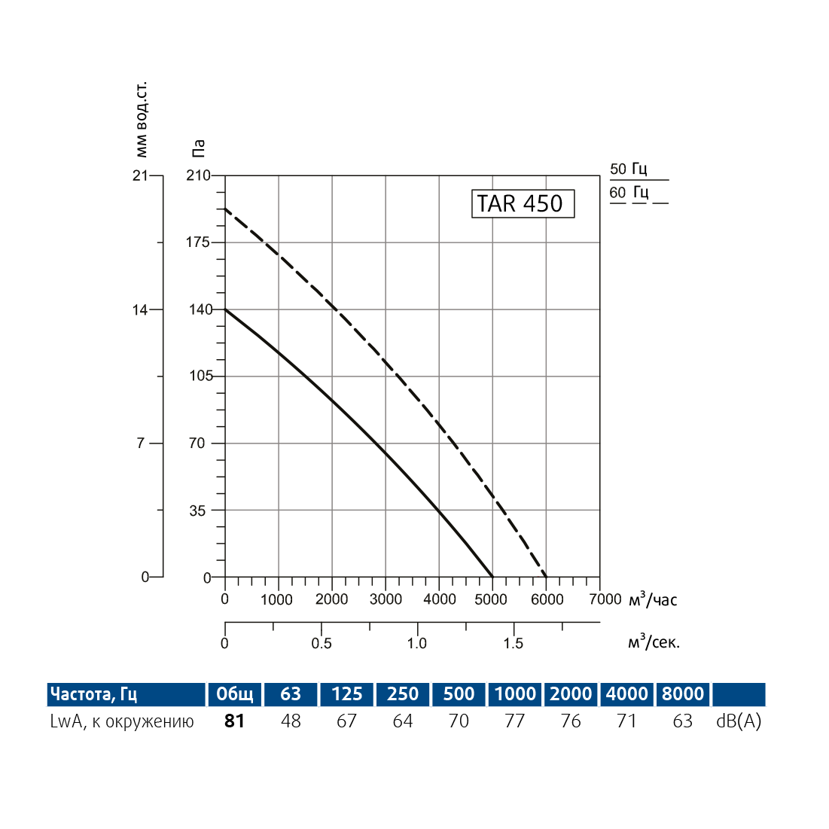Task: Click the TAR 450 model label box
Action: point(523,203)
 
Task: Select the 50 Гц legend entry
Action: point(629,169)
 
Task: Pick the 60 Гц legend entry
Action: point(629,193)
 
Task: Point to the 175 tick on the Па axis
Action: point(199,242)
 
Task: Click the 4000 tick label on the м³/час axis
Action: point(440,599)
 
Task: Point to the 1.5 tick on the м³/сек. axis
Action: point(514,643)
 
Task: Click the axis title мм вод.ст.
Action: point(142,119)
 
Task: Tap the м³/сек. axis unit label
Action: point(654,642)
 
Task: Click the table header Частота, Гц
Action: point(93,693)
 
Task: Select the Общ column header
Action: point(235,693)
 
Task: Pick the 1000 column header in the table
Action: point(515,693)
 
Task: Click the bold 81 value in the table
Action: point(235,721)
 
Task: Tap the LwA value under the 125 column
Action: point(346,721)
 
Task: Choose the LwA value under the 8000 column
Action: point(683,721)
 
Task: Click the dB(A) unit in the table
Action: point(739,721)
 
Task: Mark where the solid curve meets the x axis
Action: point(492,578)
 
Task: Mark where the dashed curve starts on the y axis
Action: point(225,209)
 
